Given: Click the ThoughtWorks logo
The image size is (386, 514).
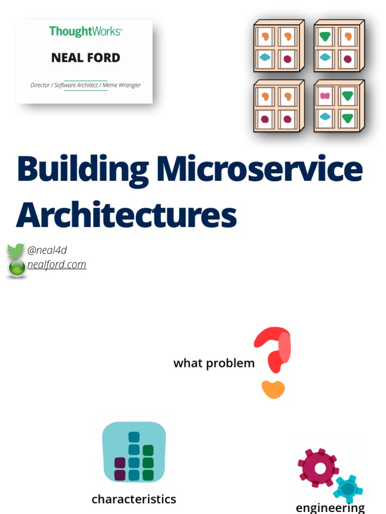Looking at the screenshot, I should [85, 31].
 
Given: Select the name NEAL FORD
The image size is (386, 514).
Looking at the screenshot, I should [85, 58].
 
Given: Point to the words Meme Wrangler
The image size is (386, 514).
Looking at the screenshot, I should [122, 85].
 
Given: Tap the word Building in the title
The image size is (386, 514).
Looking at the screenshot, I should [82, 169].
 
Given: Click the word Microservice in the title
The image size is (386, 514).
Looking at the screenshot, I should [259, 169].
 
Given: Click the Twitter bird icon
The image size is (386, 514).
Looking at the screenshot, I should [16, 250].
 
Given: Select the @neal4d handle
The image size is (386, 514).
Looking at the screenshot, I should [47, 250].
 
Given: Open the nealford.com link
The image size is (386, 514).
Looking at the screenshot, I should [57, 265].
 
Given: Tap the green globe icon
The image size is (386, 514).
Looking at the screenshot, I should [17, 269].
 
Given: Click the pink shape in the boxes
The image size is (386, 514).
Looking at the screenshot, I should [325, 96].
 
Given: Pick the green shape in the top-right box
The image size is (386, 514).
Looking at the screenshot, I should [325, 36].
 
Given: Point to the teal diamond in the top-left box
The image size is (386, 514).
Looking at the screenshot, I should [265, 58].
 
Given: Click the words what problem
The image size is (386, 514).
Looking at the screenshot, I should [214, 363].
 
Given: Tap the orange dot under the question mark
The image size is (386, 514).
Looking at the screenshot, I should [273, 389].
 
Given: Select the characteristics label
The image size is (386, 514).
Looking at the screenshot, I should [134, 499].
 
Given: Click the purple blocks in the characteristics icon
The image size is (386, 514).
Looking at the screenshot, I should [120, 469].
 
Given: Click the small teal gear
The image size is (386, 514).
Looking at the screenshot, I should [347, 487].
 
